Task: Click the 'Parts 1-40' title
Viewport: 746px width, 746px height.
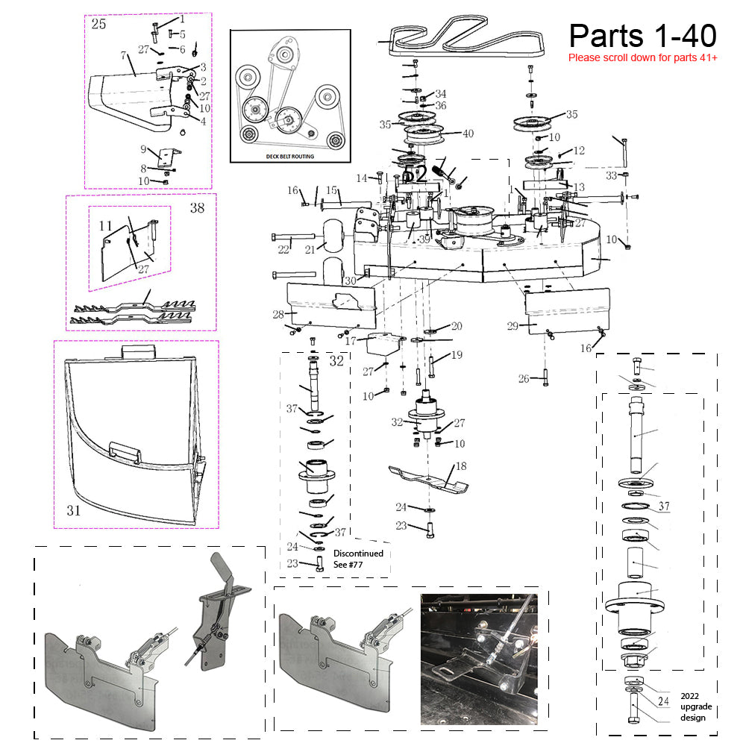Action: pos(642,35)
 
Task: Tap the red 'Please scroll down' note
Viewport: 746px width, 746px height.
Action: pos(642,57)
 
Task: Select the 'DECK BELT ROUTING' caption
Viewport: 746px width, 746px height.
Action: pos(290,157)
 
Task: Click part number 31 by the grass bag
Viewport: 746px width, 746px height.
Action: pos(73,511)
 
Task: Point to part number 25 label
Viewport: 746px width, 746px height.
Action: pos(98,25)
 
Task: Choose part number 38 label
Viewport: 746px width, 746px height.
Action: pos(197,208)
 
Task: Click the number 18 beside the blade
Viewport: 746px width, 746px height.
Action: pos(461,466)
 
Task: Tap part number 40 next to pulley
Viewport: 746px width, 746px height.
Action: pos(468,134)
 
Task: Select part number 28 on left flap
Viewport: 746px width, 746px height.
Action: pos(279,314)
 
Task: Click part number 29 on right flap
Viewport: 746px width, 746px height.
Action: pos(512,326)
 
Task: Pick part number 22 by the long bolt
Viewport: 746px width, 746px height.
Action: pos(283,249)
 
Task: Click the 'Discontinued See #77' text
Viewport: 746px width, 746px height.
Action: pos(358,559)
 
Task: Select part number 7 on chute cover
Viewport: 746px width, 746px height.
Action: pos(122,55)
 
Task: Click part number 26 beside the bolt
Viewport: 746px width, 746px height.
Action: pos(524,379)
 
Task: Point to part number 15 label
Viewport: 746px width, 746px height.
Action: pos(331,190)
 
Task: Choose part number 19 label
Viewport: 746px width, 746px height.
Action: pos(457,355)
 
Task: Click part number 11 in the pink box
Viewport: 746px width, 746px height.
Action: pos(105,225)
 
